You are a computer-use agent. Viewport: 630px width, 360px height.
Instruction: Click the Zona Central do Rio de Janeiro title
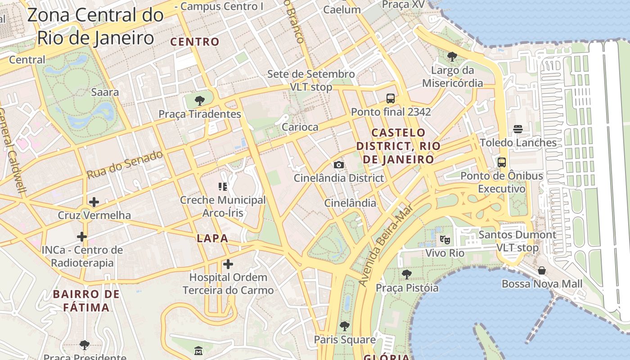[x=95, y=26]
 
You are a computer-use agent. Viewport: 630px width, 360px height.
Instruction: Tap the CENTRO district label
[x=195, y=42]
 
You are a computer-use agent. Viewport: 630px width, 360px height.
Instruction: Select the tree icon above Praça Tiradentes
[x=199, y=100]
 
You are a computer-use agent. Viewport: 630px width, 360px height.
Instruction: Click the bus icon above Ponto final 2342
[x=391, y=98]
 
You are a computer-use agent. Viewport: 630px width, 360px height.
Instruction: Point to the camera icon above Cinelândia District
[x=339, y=165]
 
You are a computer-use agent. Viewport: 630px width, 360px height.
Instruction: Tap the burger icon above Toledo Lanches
[x=518, y=129]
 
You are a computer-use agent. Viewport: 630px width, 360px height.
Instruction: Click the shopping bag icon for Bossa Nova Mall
[x=542, y=270]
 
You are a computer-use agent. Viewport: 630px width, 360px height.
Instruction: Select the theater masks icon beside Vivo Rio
[x=445, y=239]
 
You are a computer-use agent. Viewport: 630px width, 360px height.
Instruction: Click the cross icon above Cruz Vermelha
[x=94, y=202]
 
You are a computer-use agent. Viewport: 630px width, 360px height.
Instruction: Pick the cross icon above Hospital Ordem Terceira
[x=228, y=264]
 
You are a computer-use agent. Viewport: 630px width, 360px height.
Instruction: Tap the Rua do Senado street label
[x=125, y=165]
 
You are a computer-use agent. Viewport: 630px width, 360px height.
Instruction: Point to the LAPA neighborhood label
[x=212, y=238]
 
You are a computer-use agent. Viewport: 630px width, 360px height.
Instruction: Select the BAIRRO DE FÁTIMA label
[x=86, y=301]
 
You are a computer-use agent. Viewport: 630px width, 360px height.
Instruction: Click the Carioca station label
[x=300, y=127]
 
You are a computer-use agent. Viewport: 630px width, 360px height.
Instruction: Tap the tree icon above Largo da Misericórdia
[x=452, y=57]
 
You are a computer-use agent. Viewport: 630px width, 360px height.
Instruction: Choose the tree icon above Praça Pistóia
[x=407, y=274]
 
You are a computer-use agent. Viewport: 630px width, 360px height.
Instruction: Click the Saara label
[x=105, y=92]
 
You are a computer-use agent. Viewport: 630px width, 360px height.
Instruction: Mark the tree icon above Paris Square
[x=345, y=326]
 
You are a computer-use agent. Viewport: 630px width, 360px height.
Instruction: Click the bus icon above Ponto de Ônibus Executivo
[x=502, y=162]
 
